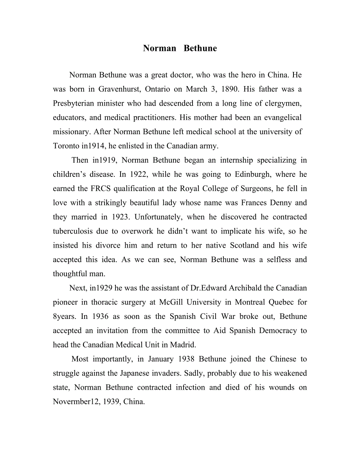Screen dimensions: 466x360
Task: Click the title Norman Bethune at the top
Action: click(180, 48)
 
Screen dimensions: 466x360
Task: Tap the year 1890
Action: click(230, 89)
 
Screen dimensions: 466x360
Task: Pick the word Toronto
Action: click(66, 146)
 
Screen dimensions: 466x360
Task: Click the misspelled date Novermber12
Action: click(77, 402)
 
